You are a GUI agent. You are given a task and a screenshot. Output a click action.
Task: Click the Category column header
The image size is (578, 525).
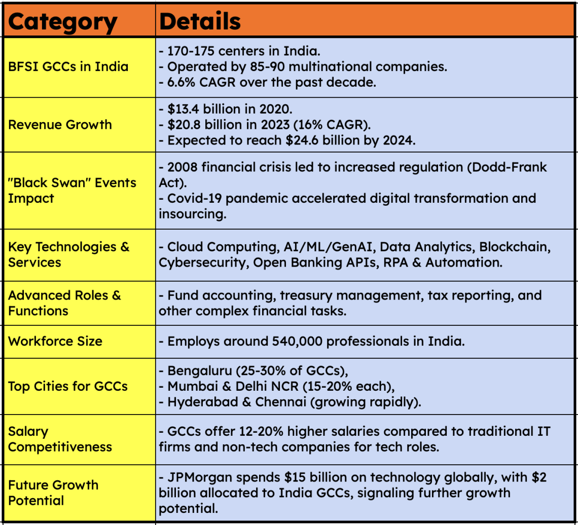(63, 21)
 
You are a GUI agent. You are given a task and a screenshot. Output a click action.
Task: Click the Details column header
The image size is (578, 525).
(200, 21)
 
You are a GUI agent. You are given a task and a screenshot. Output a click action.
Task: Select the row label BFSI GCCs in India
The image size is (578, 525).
(68, 66)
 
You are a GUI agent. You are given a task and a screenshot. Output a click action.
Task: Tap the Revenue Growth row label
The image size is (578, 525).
(60, 125)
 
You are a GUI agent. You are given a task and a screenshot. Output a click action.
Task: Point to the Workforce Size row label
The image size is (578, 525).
(55, 341)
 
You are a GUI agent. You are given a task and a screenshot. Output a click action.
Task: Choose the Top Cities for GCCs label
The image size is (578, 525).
(68, 386)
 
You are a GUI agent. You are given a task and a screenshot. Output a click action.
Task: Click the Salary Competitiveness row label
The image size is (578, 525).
(60, 439)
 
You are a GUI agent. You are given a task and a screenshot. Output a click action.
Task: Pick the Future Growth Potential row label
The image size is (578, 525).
(53, 493)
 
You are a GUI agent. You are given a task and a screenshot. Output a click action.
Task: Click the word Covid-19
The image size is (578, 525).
(193, 198)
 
